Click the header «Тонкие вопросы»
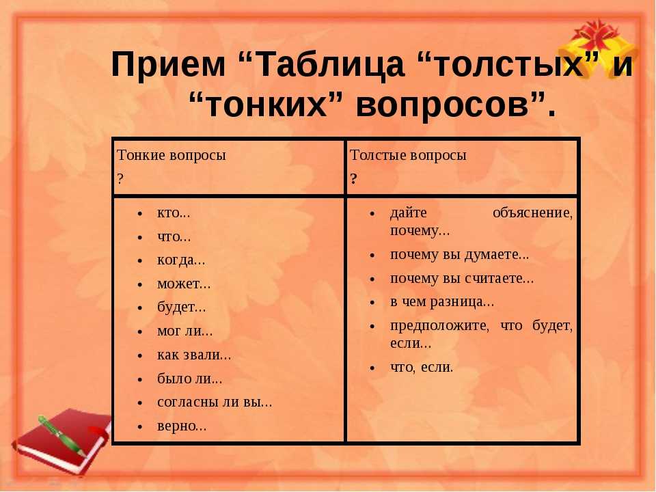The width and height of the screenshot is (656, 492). [171, 155]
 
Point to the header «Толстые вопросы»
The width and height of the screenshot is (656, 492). [408, 155]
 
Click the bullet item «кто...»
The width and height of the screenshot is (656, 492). [173, 213]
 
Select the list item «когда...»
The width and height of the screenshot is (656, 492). [181, 260]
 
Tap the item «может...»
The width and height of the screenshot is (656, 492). [184, 284]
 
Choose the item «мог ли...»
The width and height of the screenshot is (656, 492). [185, 331]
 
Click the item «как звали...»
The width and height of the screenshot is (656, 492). [194, 355]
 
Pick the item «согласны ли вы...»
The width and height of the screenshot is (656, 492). [215, 402]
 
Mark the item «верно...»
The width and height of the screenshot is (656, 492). [182, 426]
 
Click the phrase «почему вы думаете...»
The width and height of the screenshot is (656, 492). [460, 255]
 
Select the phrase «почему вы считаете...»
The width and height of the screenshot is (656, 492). [462, 279]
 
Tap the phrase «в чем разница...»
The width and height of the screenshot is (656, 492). [442, 302]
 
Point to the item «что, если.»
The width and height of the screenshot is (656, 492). [422, 368]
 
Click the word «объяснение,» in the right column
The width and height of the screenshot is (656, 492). [532, 213]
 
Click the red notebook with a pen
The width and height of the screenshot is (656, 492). [63, 441]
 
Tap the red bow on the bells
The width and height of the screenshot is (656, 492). [596, 33]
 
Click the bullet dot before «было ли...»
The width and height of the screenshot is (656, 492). [140, 379]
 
